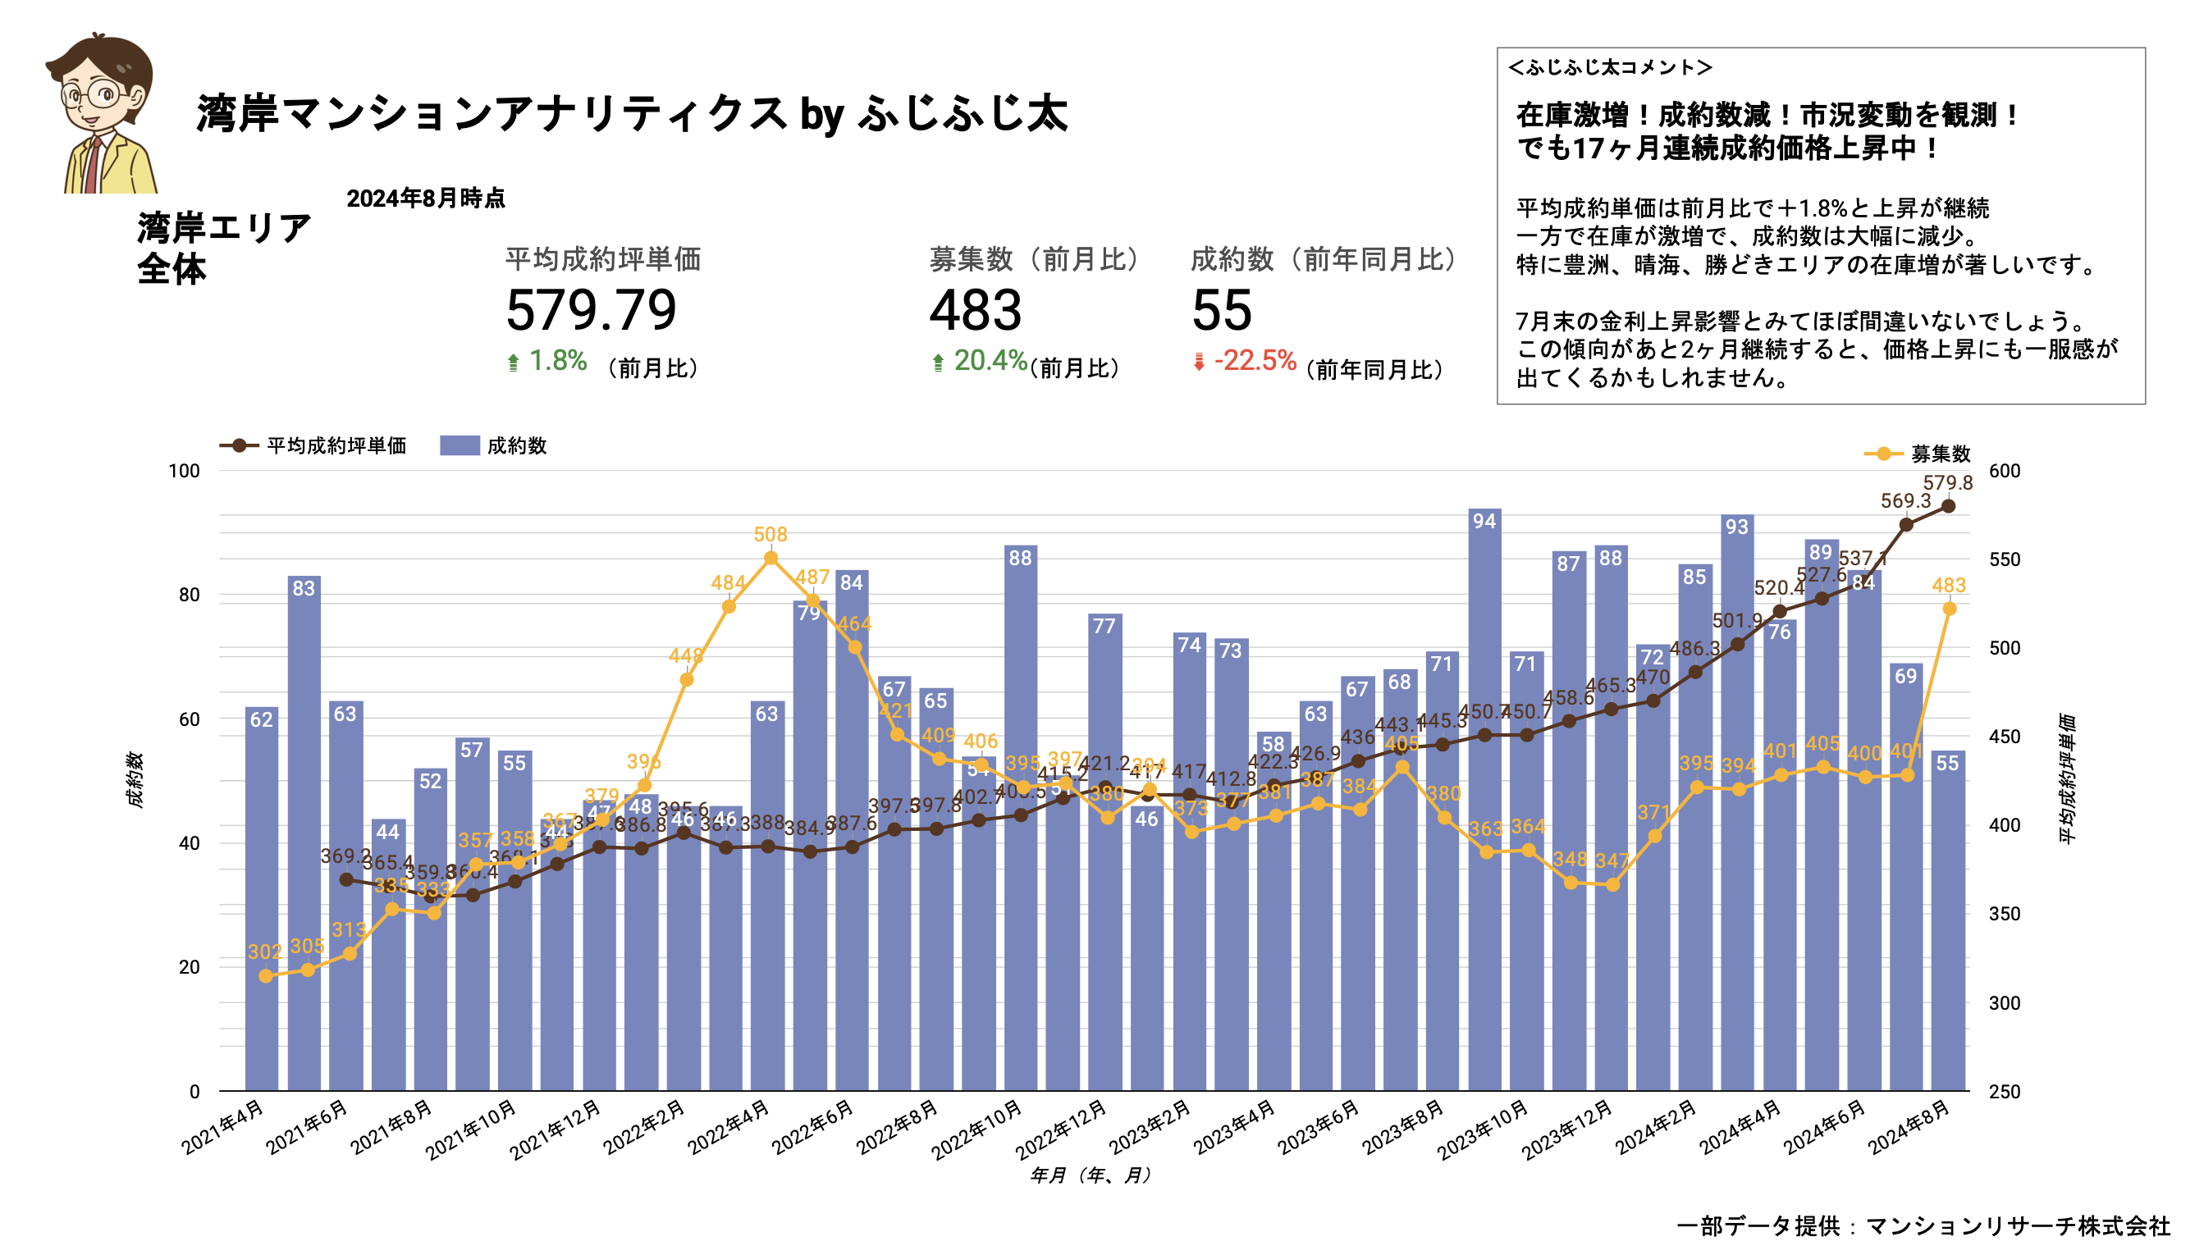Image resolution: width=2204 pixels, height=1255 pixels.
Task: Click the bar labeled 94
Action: [x=1484, y=801]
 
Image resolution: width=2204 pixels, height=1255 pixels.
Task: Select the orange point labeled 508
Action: [x=770, y=559]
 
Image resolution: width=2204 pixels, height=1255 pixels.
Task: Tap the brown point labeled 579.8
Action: [x=1948, y=506]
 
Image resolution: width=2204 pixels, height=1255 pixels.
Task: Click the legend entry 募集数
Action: [x=1938, y=454]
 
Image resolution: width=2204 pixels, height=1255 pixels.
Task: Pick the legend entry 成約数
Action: [x=514, y=445]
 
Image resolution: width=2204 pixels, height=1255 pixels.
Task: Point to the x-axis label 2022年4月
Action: [x=729, y=1126]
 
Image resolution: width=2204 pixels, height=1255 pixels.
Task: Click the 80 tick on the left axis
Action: [x=189, y=595]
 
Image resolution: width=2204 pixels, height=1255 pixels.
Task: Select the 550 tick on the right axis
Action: [x=2004, y=559]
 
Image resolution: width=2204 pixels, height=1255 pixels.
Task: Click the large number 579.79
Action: [x=591, y=310]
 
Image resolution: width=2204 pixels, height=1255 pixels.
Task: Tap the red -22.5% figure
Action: [x=1255, y=360]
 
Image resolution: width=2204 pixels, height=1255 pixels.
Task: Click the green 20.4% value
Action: [x=989, y=360]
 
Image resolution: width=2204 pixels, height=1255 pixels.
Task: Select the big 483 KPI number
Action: [x=976, y=310]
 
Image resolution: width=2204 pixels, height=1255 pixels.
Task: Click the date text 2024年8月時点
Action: [x=425, y=199]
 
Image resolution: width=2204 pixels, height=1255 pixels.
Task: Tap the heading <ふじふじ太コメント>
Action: [x=1609, y=67]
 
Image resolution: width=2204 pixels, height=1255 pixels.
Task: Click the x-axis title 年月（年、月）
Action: [x=1090, y=1175]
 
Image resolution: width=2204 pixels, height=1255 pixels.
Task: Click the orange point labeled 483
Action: [x=1949, y=609]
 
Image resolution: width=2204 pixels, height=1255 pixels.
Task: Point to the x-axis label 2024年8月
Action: [x=1909, y=1126]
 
